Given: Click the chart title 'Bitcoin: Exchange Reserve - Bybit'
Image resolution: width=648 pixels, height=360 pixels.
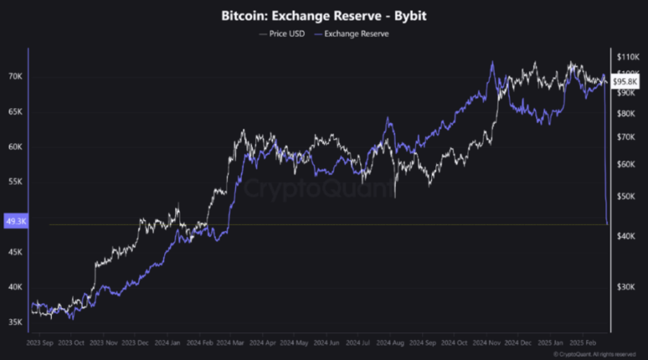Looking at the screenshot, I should [x=324, y=14].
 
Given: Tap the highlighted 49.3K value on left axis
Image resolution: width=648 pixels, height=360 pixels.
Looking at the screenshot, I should [x=16, y=222].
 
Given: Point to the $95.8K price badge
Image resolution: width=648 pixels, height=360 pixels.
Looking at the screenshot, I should [x=625, y=82].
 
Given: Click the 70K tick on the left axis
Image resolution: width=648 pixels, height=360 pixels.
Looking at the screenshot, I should [x=15, y=76].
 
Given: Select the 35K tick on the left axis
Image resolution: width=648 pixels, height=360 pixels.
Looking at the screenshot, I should [x=15, y=322].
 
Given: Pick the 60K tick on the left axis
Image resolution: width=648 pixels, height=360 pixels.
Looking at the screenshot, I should [x=15, y=147].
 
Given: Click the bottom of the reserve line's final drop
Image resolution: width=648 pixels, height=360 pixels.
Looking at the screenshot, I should [x=607, y=223].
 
